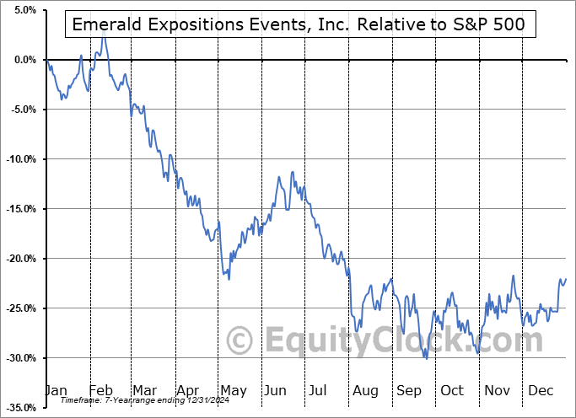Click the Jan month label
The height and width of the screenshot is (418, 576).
coord(55,390)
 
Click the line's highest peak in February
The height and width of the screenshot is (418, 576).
coord(103,38)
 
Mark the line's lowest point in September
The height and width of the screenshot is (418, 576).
coord(426,358)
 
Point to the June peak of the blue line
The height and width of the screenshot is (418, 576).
coord(292,172)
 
